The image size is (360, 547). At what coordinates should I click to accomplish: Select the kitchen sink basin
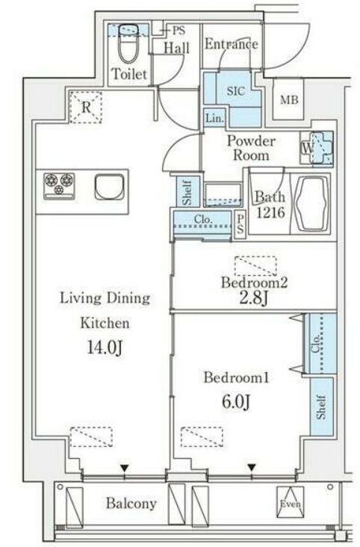109,187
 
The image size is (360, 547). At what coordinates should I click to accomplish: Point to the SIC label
236,91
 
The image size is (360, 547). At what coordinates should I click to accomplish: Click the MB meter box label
289,100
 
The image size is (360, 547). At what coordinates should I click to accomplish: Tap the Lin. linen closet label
214,119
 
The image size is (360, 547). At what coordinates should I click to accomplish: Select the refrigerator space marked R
86,107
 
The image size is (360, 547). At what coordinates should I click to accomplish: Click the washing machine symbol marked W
317,148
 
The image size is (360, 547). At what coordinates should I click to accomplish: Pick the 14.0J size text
105,347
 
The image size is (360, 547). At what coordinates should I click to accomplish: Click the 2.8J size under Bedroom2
253,297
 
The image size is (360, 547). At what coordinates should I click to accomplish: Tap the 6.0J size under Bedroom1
236,401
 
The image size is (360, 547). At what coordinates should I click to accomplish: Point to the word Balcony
131,504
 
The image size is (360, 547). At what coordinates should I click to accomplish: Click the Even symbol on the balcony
291,502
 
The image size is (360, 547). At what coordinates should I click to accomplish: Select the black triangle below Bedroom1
252,467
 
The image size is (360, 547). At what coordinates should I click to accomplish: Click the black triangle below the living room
125,468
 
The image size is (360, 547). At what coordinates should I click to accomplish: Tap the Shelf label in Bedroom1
321,407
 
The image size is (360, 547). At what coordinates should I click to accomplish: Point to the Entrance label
232,44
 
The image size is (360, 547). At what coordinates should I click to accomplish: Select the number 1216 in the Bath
271,212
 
